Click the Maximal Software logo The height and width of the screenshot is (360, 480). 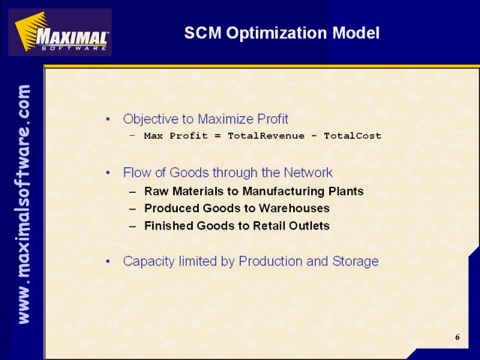(x=60, y=32)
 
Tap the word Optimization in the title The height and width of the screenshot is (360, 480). (x=277, y=33)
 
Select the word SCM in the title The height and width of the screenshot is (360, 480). (x=202, y=33)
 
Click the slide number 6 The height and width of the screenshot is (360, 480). (x=457, y=337)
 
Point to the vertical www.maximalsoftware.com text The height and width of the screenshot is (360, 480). (x=24, y=204)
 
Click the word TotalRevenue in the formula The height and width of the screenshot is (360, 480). (x=266, y=136)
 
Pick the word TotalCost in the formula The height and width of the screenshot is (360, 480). (x=352, y=136)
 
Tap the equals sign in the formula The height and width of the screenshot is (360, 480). (x=217, y=136)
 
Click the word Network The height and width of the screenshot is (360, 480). (x=308, y=172)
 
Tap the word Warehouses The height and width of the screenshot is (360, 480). (x=294, y=208)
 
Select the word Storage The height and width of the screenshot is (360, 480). (x=355, y=262)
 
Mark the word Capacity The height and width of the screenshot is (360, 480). (x=148, y=262)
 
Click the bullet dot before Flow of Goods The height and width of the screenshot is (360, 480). (x=108, y=173)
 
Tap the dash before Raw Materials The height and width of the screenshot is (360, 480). (x=132, y=192)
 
